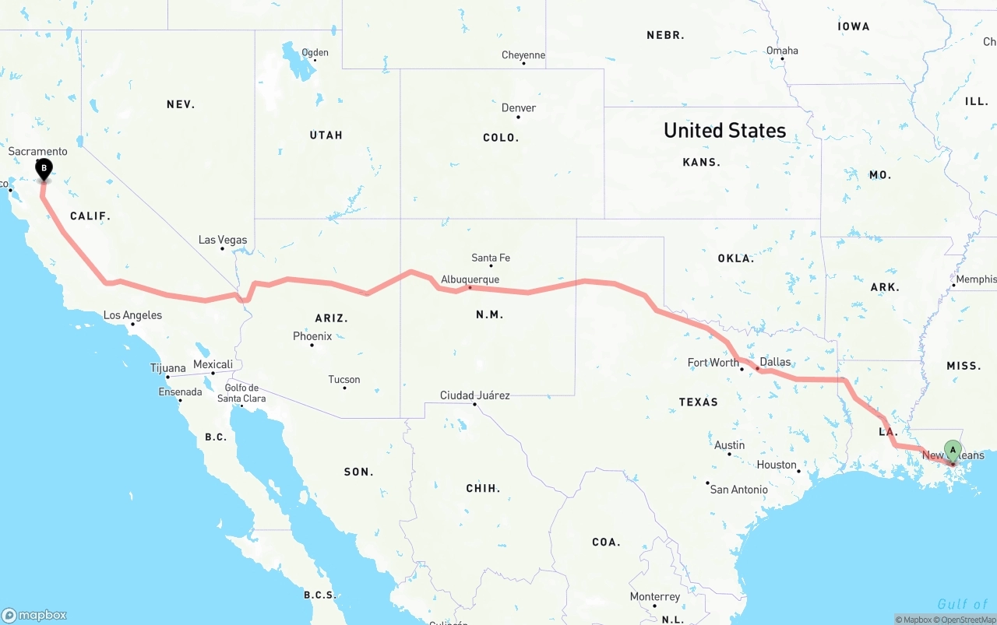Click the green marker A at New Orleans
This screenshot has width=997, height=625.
pyautogui.click(x=953, y=450)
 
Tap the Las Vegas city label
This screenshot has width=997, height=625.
pyautogui.click(x=223, y=240)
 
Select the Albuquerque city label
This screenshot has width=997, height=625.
pyautogui.click(x=470, y=279)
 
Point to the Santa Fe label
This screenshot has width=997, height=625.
pyautogui.click(x=491, y=258)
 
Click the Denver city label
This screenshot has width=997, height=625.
pyautogui.click(x=519, y=108)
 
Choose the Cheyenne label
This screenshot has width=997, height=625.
pyautogui.click(x=523, y=55)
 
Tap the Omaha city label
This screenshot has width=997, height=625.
pyautogui.click(x=782, y=51)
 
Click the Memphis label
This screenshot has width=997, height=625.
pyautogui.click(x=976, y=279)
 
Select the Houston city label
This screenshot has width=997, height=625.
pyautogui.click(x=777, y=465)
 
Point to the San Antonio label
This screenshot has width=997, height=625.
pyautogui.click(x=738, y=490)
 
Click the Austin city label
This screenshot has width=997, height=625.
pyautogui.click(x=730, y=445)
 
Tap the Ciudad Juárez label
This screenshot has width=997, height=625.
pyautogui.click(x=475, y=395)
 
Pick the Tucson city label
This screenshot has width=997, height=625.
pyautogui.click(x=344, y=380)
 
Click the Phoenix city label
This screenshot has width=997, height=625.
pyautogui.click(x=312, y=336)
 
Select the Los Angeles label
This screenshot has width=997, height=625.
pyautogui.click(x=133, y=315)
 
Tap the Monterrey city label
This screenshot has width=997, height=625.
pyautogui.click(x=655, y=597)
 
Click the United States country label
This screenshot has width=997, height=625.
pyautogui.click(x=724, y=131)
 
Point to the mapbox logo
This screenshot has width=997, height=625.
pyautogui.click(x=34, y=615)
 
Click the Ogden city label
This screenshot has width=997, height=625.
pyautogui.click(x=315, y=53)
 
